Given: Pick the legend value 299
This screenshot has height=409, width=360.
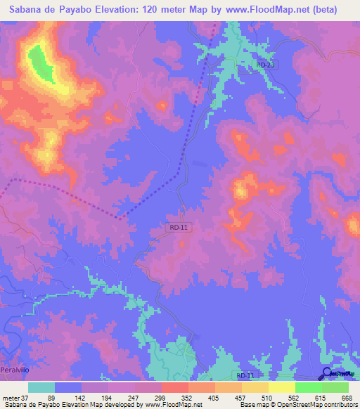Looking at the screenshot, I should point(160,398).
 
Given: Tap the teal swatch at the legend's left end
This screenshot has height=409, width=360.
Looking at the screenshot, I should point(41,387).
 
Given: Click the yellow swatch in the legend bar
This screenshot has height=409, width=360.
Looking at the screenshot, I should point(281,387).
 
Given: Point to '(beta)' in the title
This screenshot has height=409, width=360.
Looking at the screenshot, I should point(337,10).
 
